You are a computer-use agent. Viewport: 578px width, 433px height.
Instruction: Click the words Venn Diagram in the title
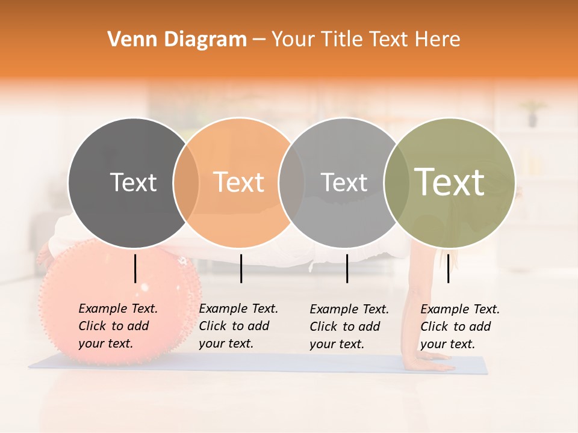[x=177, y=40]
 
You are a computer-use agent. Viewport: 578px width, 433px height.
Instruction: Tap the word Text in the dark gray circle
[x=133, y=183]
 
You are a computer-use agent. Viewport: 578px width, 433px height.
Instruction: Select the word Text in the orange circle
[x=239, y=183]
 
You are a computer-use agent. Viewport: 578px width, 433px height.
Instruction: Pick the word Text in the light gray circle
[x=344, y=183]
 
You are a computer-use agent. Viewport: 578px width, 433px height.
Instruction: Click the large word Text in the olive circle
[x=450, y=182]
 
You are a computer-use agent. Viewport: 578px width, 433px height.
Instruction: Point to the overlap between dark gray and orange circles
[x=186, y=183]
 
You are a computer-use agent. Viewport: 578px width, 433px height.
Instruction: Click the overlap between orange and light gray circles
[x=291, y=183]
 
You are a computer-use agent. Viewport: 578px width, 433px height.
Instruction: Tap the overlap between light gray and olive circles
[x=394, y=183]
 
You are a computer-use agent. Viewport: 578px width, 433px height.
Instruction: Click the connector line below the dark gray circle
[x=135, y=268]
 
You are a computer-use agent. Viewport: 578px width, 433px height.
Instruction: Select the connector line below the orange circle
[x=241, y=268]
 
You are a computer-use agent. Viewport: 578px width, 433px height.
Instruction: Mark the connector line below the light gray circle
[x=347, y=268]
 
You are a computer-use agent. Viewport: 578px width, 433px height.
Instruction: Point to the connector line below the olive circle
[x=448, y=268]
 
